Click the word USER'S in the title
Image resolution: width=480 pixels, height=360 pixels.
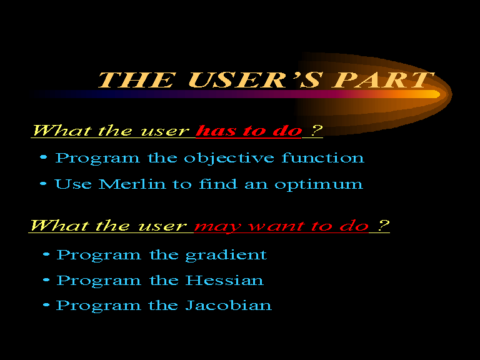tap(255, 80)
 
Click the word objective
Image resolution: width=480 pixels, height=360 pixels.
tap(229, 158)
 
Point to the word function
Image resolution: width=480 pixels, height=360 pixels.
tap(323, 157)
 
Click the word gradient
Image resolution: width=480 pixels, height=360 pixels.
tap(226, 255)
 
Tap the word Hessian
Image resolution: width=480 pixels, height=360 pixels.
tap(224, 280)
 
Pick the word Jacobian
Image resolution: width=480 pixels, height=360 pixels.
tap(228, 305)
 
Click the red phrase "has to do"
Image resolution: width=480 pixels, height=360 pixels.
tap(249, 131)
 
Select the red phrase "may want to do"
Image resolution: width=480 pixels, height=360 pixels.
tap(281, 226)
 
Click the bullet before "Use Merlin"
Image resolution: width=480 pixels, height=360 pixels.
tap(43, 184)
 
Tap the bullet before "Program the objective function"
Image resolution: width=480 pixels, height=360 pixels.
tap(44, 157)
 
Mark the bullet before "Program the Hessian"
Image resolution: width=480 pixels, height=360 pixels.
tap(46, 280)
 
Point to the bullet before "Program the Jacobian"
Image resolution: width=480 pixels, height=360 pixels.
tap(46, 305)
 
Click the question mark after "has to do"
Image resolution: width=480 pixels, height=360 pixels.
tap(317, 131)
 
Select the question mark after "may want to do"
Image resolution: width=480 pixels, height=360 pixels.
tap(383, 225)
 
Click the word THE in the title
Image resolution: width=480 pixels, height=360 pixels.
tap(137, 80)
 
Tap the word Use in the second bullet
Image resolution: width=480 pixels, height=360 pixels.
tap(73, 184)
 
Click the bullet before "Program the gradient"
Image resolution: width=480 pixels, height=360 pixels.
tap(46, 254)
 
